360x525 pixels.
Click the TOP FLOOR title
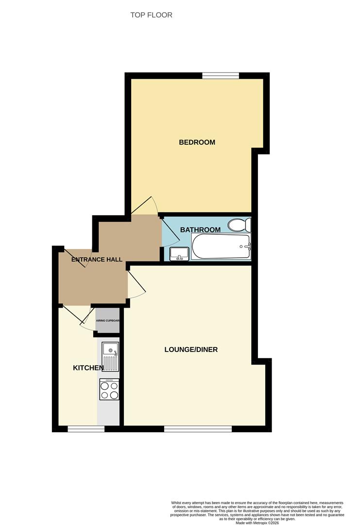click(x=151, y=15)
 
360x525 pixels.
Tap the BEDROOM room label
click(x=197, y=142)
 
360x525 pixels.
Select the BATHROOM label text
click(x=200, y=229)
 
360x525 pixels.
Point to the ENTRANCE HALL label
click(x=97, y=260)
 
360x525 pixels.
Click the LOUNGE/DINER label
click(x=191, y=350)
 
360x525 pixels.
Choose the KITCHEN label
click(x=88, y=368)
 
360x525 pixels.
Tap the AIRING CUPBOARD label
click(x=107, y=320)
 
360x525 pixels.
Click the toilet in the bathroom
click(x=240, y=225)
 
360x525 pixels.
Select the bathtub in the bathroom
click(x=221, y=246)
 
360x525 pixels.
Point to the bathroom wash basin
click(x=179, y=254)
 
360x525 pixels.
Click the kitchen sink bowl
click(x=110, y=349)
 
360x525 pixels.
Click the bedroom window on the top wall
click(x=221, y=76)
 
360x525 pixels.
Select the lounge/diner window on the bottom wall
click(x=198, y=429)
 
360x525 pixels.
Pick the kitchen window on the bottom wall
click(x=86, y=429)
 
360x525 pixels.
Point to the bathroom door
click(x=170, y=231)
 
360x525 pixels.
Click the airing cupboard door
click(x=87, y=319)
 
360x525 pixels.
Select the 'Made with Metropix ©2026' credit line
click(x=257, y=523)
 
